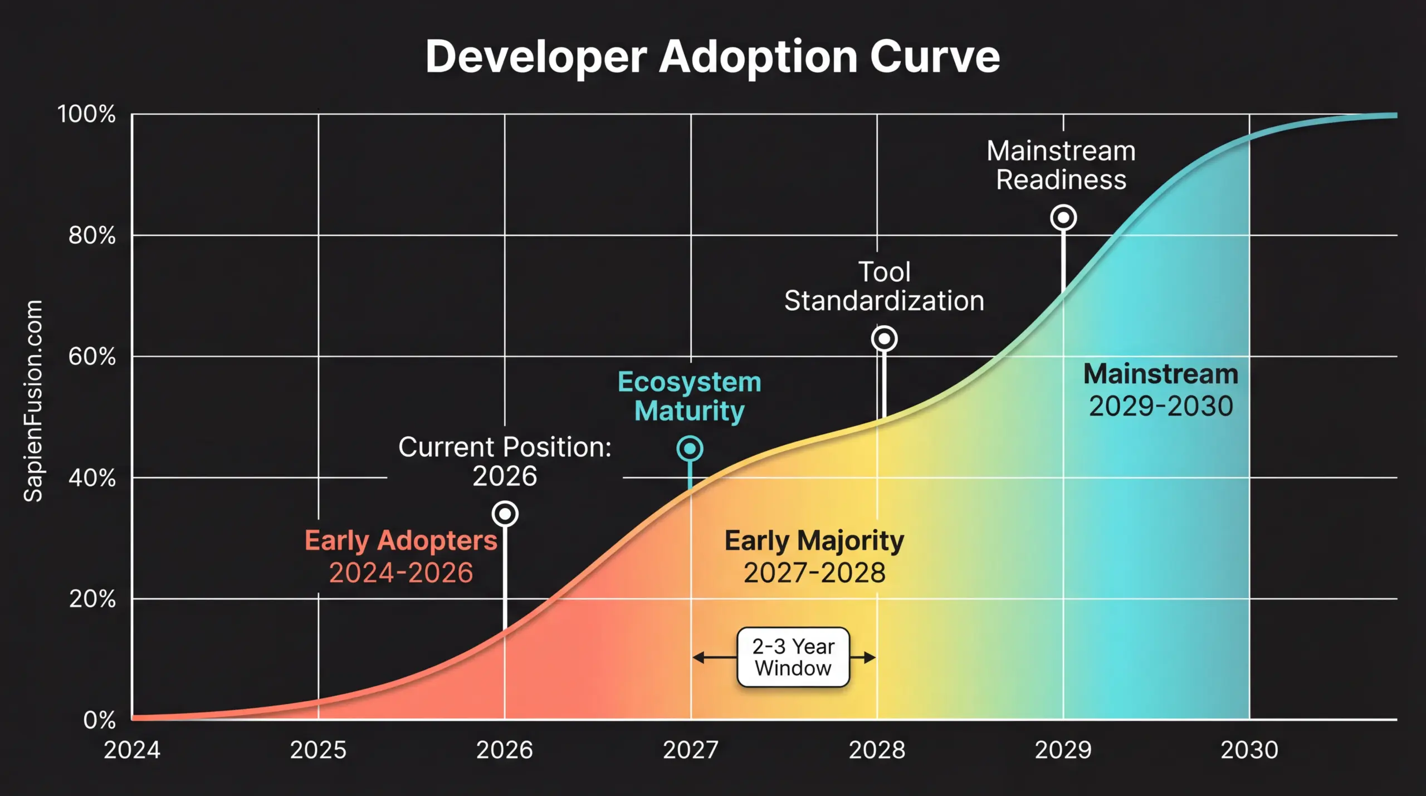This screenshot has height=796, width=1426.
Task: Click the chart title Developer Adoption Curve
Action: (712, 57)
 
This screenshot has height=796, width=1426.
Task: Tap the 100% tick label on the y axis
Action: (87, 114)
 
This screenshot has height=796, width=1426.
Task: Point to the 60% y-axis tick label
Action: (92, 357)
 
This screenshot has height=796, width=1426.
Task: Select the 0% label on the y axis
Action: (99, 720)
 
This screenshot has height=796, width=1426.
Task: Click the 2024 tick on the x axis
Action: (132, 750)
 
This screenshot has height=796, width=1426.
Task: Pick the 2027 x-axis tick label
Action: (690, 750)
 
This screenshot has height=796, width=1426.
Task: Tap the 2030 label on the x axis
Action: (1249, 750)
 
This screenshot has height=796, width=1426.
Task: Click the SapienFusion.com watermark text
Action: (33, 401)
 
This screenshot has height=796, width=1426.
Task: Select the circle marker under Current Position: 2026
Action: (505, 514)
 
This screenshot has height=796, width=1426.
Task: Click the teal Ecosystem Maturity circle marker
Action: (690, 448)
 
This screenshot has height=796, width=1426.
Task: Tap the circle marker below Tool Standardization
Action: (884, 339)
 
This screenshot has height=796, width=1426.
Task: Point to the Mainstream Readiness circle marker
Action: (1063, 217)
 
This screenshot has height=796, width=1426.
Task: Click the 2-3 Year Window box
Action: (793, 657)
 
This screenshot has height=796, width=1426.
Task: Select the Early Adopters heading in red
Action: (401, 540)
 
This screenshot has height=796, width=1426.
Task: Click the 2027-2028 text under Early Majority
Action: (814, 573)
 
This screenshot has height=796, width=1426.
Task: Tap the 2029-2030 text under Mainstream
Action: (1161, 406)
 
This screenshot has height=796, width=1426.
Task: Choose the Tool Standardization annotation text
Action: (884, 286)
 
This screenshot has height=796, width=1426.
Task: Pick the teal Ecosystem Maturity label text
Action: (690, 396)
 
